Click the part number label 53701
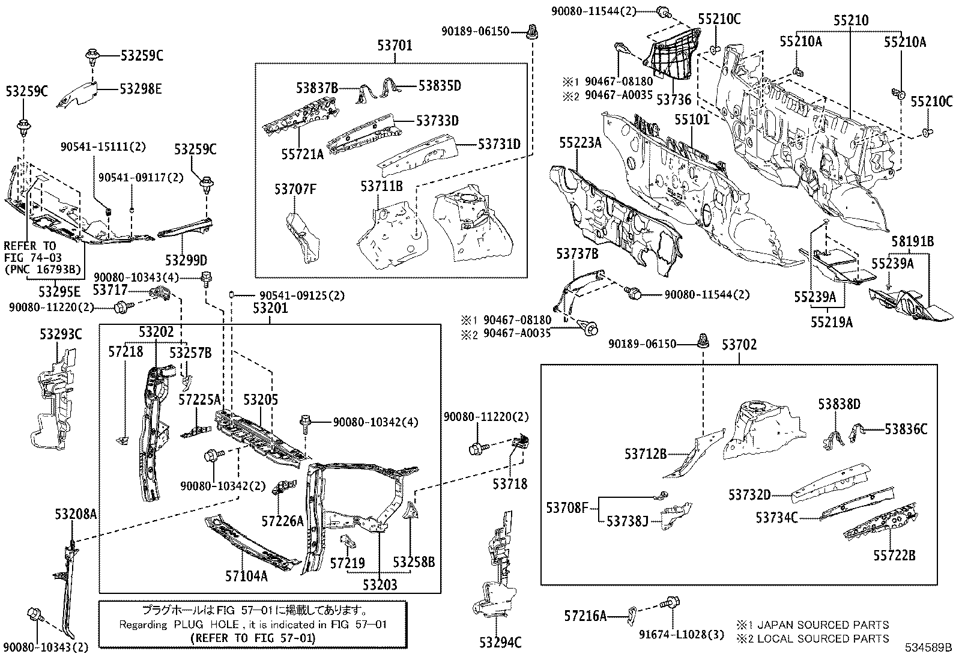tap(395, 44)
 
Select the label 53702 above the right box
tap(739, 345)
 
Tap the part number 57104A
tap(246, 577)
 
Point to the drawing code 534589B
tap(929, 648)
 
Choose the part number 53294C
tap(500, 643)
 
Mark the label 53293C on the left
tap(61, 335)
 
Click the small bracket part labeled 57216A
tap(632, 614)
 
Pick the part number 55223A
tap(580, 142)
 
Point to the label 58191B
tap(912, 241)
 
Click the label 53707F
tap(295, 190)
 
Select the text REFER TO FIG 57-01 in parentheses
tap(252, 638)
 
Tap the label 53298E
tap(141, 89)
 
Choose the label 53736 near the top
tap(674, 99)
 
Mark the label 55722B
tap(894, 556)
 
